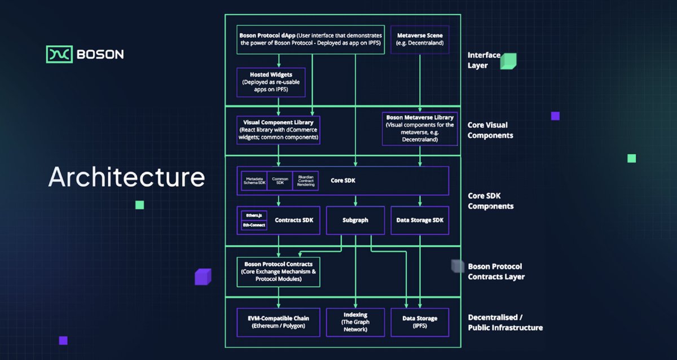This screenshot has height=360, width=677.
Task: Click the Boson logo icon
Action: point(58,54)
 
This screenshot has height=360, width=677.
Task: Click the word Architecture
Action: point(126,177)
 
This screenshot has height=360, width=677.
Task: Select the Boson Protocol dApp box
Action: point(310,39)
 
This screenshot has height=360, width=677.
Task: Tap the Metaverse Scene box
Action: point(420,39)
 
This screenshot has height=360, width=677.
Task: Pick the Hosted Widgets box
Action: point(271,82)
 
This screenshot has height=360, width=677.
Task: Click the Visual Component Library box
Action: point(278,130)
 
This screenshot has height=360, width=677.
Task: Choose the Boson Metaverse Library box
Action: point(420,129)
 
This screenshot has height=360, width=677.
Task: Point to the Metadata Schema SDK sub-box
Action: point(253,181)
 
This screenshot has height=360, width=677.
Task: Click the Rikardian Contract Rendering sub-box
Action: point(305,181)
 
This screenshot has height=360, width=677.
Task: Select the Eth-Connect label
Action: point(253,225)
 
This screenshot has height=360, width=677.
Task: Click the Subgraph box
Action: point(355,220)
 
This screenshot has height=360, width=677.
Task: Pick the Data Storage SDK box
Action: point(420,220)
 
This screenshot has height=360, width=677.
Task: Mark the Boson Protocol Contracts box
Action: point(278,271)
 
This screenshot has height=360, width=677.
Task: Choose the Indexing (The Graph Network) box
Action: point(355,322)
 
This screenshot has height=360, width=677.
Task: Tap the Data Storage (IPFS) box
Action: point(420,322)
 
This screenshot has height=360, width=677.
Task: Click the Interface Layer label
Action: point(484,60)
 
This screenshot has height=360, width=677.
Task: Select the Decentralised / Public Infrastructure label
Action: point(505,323)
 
